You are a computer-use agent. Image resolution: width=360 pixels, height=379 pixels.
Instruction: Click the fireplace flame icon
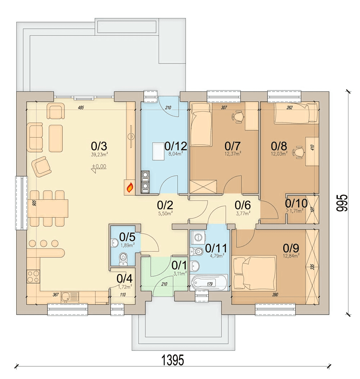[130, 187]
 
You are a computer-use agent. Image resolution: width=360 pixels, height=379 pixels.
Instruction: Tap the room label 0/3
[99, 146]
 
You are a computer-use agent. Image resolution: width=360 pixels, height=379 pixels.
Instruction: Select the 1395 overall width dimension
[173, 360]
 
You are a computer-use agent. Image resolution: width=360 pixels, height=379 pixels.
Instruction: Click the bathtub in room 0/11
[209, 282]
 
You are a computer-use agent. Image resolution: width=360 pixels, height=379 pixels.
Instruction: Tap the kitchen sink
[70, 296]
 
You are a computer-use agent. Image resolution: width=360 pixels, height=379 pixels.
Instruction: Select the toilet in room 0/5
[123, 259]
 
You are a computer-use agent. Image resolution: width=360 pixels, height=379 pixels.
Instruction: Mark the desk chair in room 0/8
[299, 152]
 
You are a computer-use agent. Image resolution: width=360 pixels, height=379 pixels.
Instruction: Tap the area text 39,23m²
[99, 155]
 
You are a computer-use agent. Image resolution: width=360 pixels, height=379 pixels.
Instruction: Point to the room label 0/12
[176, 146]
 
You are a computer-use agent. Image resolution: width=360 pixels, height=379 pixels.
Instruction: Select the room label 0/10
[296, 203]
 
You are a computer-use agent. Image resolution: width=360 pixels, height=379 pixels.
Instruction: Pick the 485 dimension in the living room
[81, 108]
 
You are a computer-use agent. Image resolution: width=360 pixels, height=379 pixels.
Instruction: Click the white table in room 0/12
[158, 151]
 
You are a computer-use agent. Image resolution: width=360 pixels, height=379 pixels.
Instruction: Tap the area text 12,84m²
[291, 256]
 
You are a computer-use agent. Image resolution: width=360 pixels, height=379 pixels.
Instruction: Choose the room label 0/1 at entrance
[179, 266]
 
